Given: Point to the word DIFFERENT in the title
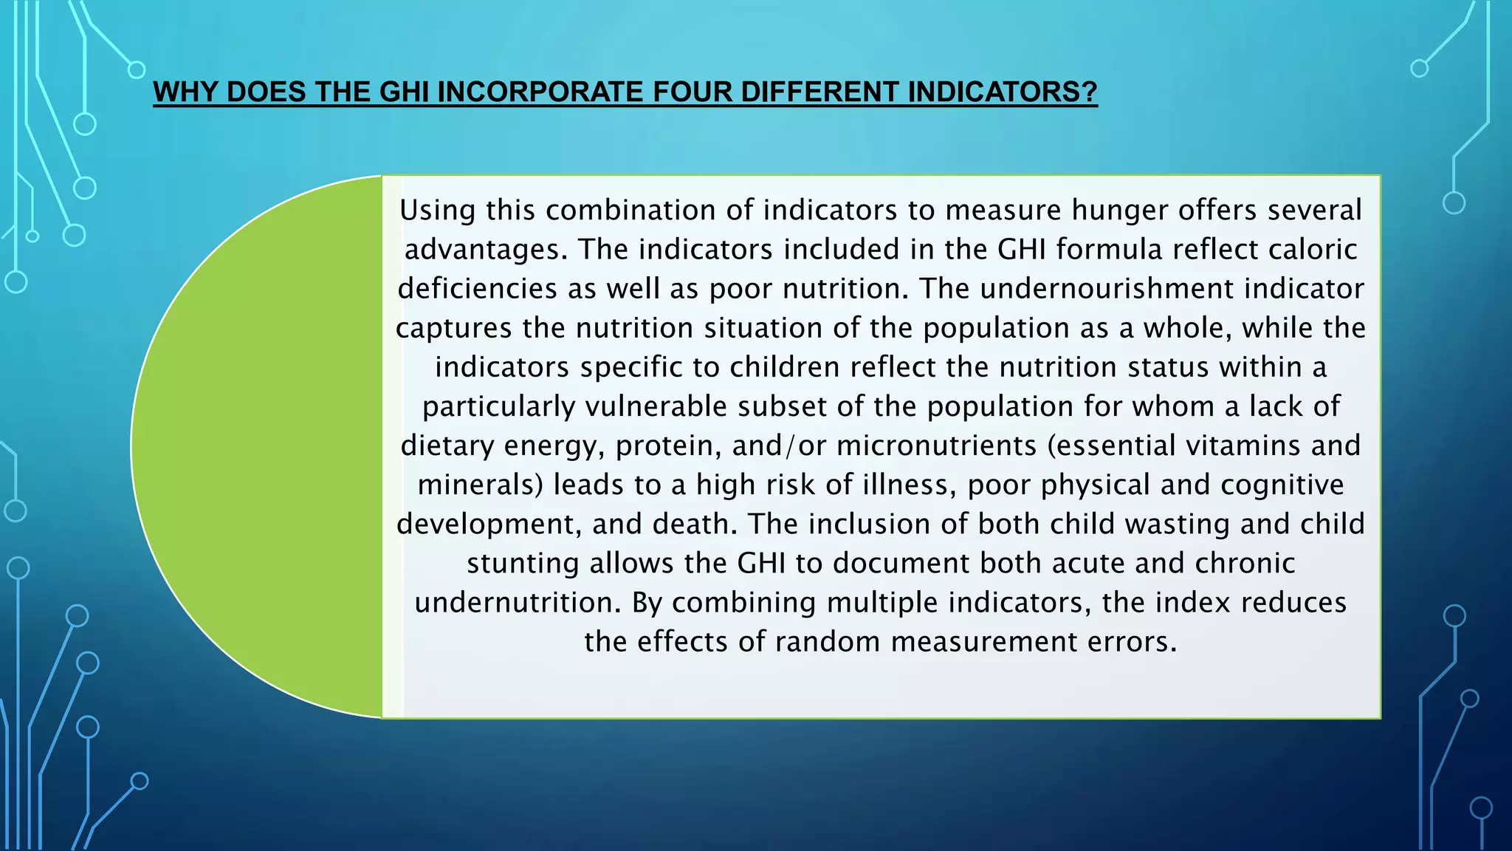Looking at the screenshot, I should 819,92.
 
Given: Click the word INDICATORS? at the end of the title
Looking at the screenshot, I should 1002,92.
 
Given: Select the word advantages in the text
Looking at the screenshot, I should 486,250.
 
